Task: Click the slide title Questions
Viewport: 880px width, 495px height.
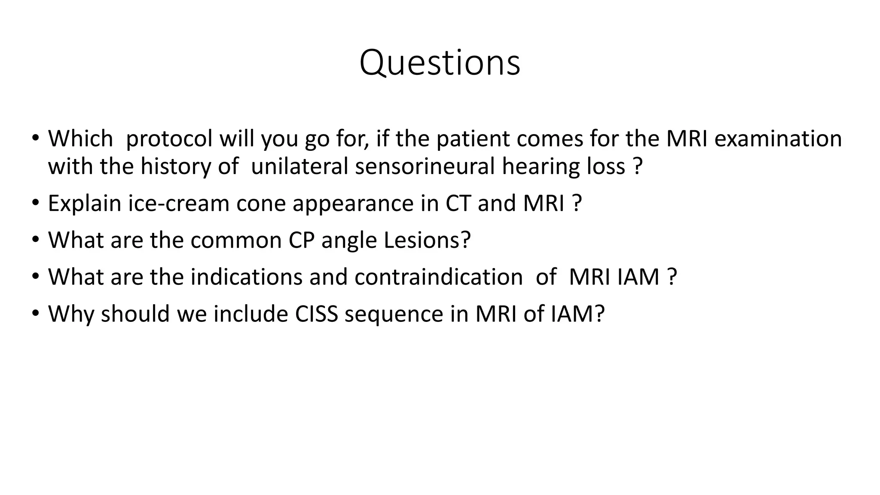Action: click(440, 63)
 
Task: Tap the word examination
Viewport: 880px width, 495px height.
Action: click(778, 139)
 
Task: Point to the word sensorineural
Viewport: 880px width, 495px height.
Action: click(425, 166)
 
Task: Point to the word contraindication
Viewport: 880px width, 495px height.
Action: click(439, 277)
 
